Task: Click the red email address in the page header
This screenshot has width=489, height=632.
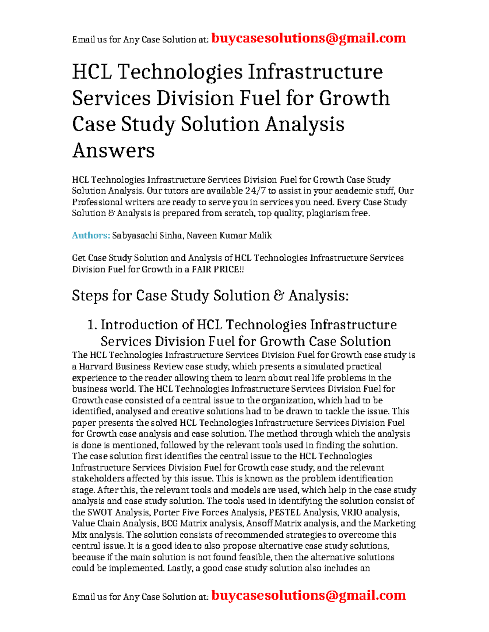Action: (x=309, y=38)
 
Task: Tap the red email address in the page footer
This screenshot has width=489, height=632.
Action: (x=309, y=595)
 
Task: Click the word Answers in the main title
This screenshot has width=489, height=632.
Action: (x=113, y=151)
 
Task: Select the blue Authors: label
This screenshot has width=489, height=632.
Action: (x=91, y=235)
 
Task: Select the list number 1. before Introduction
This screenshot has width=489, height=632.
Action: (x=93, y=325)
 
